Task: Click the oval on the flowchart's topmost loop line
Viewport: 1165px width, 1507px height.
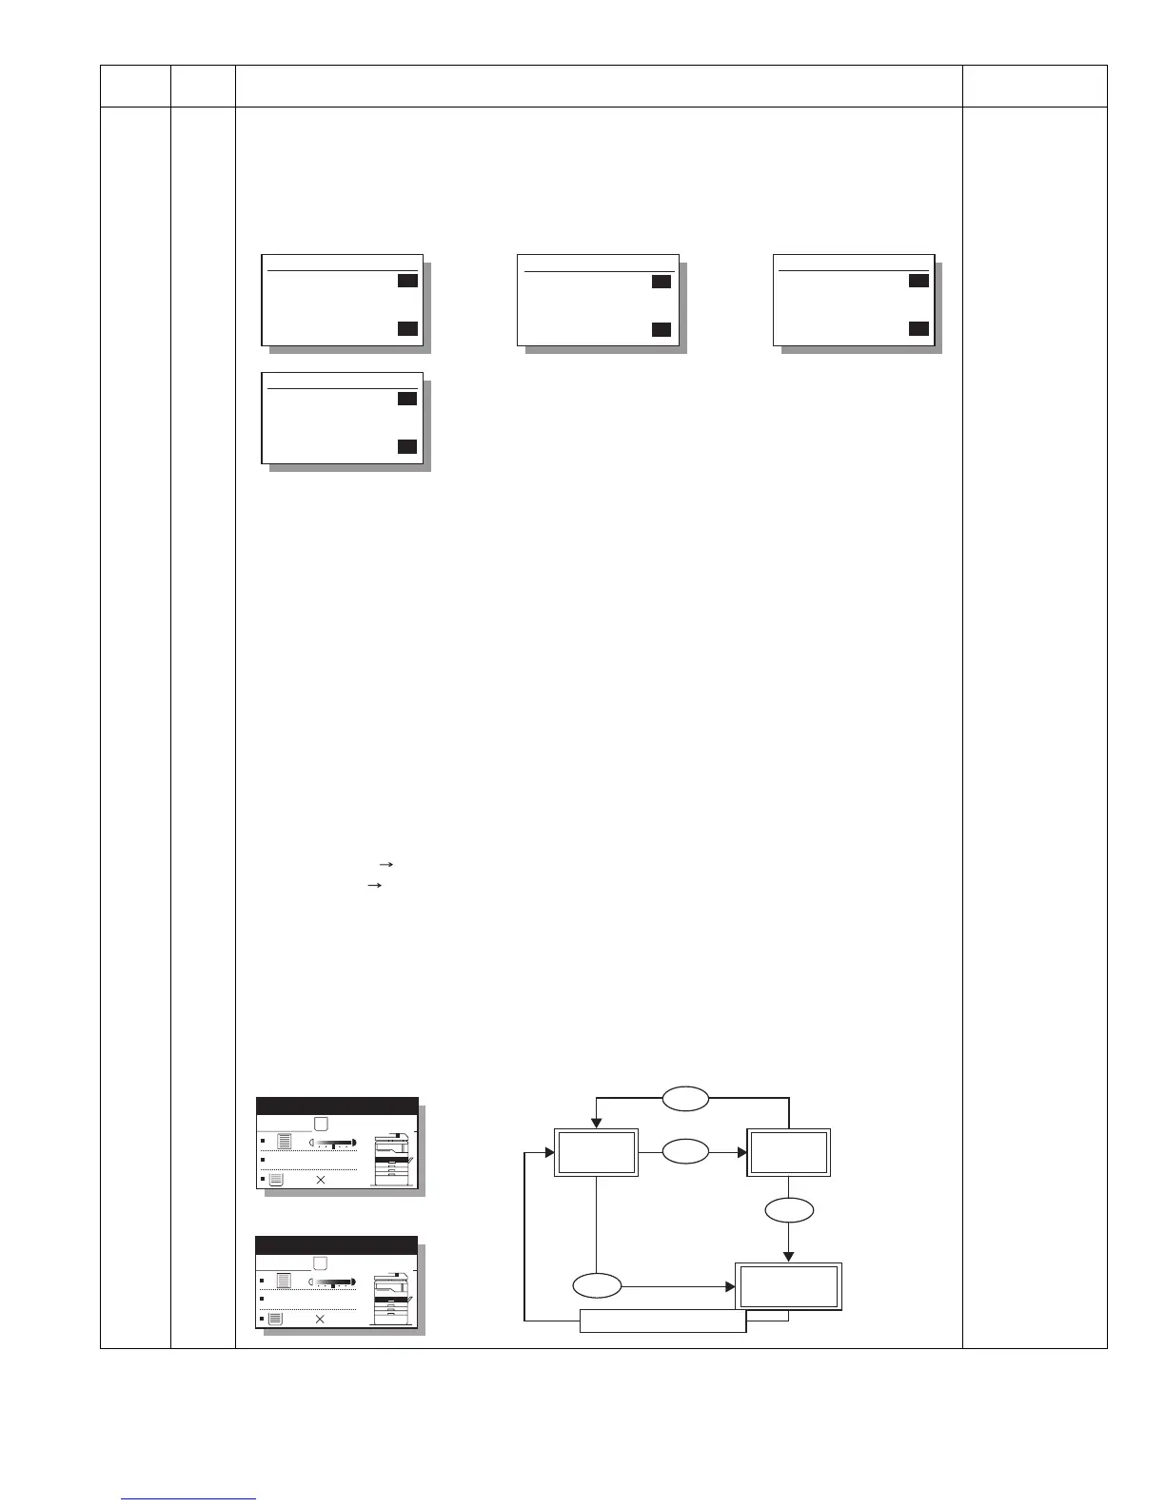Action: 685,1099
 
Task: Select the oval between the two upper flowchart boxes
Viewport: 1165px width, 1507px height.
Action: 685,1151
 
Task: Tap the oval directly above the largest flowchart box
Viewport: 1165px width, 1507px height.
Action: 789,1210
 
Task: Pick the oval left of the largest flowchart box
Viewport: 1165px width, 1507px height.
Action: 597,1286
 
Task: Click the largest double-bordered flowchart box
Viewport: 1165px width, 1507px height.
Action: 789,1286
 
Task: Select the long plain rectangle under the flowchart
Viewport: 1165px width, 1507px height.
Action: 662,1321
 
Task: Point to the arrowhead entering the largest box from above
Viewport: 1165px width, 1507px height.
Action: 789,1256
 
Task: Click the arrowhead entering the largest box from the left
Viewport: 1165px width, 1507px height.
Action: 730,1286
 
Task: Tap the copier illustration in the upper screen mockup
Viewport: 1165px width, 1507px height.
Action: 395,1160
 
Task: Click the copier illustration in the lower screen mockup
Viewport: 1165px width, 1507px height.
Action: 395,1299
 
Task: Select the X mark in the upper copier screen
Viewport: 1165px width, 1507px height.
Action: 321,1180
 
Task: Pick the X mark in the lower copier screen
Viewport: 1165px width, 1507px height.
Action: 320,1320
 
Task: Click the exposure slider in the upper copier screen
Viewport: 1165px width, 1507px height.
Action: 334,1142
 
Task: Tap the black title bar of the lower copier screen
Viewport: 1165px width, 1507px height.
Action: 337,1245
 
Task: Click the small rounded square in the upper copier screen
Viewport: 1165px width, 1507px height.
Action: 321,1124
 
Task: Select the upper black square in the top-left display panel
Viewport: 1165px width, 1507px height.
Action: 407,281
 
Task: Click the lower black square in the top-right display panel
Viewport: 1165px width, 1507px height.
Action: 918,329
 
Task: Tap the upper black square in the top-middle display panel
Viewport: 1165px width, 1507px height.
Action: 661,282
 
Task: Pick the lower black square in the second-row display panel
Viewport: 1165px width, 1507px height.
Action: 407,447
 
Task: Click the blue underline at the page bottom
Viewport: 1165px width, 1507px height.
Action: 189,1499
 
